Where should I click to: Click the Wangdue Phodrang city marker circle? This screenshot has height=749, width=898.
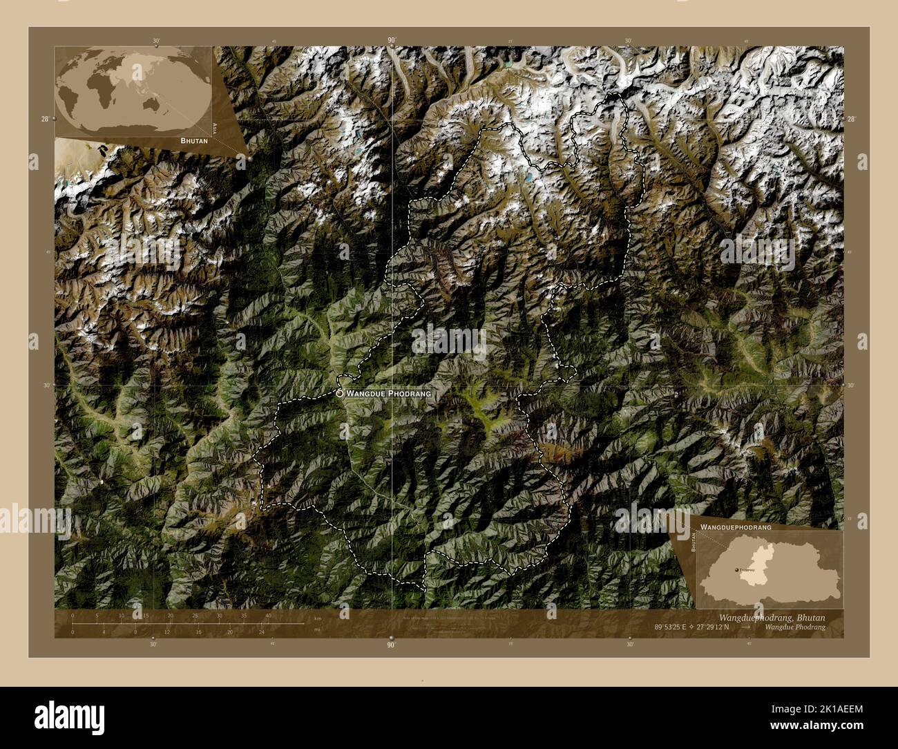340,392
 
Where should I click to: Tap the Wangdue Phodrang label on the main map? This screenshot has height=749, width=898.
388,393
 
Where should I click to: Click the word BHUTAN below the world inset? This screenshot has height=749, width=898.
193,140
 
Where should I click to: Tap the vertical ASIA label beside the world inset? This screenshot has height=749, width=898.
216,128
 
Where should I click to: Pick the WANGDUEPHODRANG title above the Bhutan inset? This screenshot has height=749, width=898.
736,527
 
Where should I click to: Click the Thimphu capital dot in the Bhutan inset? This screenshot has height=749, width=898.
736,569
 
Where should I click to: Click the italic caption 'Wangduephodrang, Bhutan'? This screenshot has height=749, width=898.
772,617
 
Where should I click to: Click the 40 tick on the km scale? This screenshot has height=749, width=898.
268,616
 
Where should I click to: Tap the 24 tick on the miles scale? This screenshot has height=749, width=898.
261,632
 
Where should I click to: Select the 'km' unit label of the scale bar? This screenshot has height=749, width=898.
318,618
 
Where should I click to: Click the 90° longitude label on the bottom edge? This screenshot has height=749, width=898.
391,645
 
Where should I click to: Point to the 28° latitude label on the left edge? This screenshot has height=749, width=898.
44,119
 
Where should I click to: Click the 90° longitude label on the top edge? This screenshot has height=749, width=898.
392,41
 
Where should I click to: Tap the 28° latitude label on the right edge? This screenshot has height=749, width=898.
852,119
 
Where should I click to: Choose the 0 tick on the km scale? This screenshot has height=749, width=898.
73,616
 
